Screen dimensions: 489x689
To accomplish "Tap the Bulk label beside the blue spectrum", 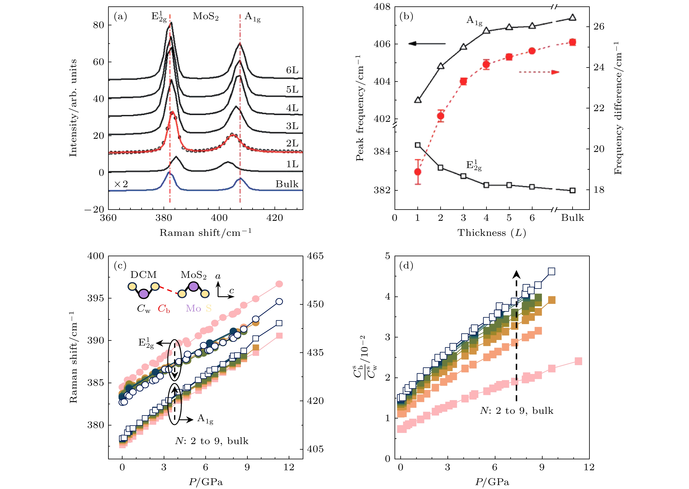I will coord(287,184).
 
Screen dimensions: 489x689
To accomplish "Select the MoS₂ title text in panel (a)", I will coord(206,16).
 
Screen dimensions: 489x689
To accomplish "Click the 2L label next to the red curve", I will coord(292,143).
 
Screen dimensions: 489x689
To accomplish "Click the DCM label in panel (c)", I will coord(144,275).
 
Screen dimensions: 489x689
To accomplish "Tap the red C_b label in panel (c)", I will coord(164,309).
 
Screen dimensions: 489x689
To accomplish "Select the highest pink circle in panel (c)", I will coord(279,284).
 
